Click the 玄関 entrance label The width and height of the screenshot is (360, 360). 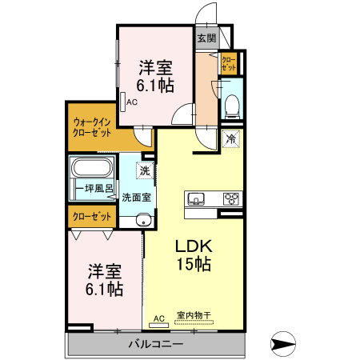[206, 38]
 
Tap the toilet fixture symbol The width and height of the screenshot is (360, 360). [230, 104]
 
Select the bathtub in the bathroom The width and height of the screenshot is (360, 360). [93, 168]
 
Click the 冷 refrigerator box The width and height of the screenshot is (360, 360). [231, 139]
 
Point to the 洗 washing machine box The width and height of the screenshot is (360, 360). [145, 170]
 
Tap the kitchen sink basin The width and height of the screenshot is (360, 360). [197, 199]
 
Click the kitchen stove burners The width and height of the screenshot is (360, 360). [230, 199]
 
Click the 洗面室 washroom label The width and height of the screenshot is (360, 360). [138, 197]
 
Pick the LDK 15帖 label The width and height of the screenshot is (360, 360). [193, 254]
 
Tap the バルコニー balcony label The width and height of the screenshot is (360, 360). [156, 345]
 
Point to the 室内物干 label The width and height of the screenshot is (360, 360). [193, 316]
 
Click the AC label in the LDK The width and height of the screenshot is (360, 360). [158, 318]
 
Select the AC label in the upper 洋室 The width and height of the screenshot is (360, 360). [131, 102]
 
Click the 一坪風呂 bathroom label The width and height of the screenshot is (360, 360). [94, 189]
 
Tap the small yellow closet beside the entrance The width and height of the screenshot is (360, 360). [228, 63]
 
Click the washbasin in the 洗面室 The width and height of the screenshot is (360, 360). [143, 221]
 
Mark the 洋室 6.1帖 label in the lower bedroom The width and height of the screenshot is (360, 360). [105, 279]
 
